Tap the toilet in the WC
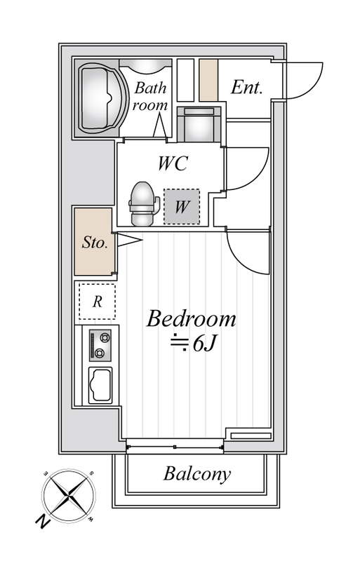click(x=144, y=203)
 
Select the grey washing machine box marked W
click(x=182, y=207)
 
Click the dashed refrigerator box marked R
click(x=97, y=302)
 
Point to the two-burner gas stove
click(x=100, y=345)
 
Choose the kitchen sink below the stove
click(x=100, y=385)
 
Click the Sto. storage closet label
click(x=95, y=242)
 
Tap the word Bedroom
click(x=192, y=318)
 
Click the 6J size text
click(x=204, y=344)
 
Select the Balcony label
click(x=197, y=474)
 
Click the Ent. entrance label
click(x=247, y=87)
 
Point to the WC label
click(x=173, y=163)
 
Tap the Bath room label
click(x=150, y=96)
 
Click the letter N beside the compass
click(x=43, y=522)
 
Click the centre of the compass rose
click(x=69, y=496)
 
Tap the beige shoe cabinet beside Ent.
click(x=208, y=80)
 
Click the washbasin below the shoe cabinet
click(x=199, y=125)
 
